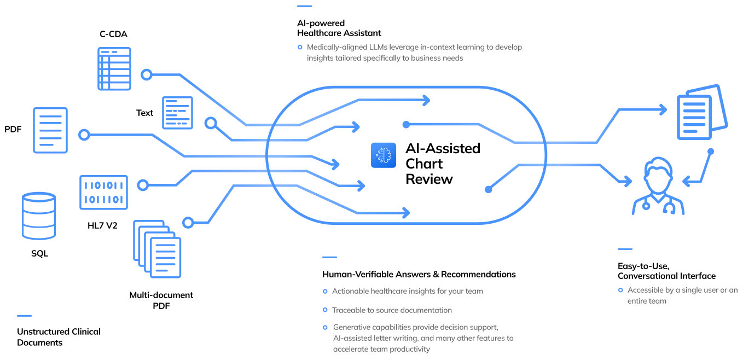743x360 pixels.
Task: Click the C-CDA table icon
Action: tap(114, 68)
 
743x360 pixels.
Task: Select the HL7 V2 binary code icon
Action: tap(103, 192)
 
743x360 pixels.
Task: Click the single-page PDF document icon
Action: tap(50, 130)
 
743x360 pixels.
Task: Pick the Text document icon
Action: tap(178, 113)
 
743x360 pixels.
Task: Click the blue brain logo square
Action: tap(383, 155)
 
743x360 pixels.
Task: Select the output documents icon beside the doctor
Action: tap(701, 113)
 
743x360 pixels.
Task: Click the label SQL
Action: tap(39, 253)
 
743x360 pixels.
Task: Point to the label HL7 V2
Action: tap(102, 225)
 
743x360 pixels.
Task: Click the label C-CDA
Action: tap(113, 34)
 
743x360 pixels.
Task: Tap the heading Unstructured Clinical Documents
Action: tap(59, 337)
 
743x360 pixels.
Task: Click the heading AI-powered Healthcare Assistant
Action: tap(339, 28)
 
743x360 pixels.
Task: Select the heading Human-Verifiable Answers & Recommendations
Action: tap(419, 274)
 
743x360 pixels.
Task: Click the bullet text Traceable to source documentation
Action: tap(392, 310)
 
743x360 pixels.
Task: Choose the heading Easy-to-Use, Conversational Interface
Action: tap(666, 271)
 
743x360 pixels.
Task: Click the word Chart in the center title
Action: tap(424, 164)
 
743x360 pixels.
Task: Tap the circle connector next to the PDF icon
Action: tap(84, 134)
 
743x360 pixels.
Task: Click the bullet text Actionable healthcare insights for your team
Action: tap(407, 291)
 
